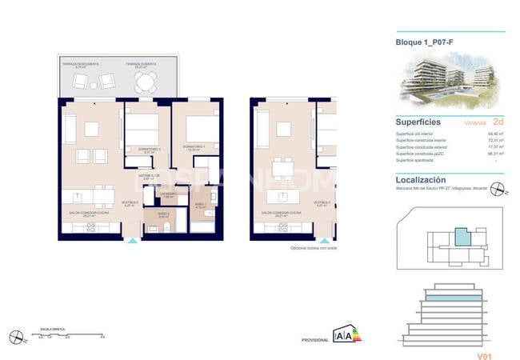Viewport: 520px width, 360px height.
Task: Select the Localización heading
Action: tap(421, 181)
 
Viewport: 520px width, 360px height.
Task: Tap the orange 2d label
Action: tap(498, 123)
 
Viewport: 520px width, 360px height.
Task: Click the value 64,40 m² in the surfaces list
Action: tap(496, 134)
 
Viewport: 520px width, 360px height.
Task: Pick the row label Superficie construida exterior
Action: tap(422, 146)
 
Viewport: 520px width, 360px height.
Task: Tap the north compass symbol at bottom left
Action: tap(15, 337)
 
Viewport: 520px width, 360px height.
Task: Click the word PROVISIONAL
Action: tap(314, 340)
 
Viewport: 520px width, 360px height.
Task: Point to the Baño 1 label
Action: tap(202, 205)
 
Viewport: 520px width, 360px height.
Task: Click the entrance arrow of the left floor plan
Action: tap(132, 239)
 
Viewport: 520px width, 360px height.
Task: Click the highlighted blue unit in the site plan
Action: tap(462, 237)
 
